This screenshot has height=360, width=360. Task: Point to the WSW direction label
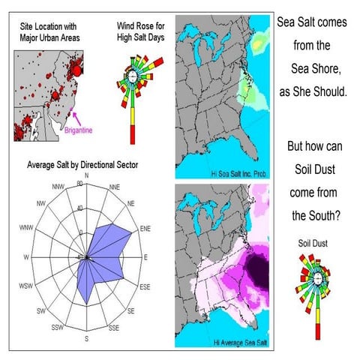pyautogui.click(x=29, y=286)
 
